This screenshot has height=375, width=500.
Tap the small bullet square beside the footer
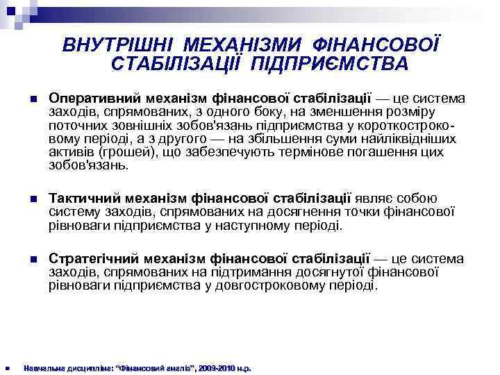6,367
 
